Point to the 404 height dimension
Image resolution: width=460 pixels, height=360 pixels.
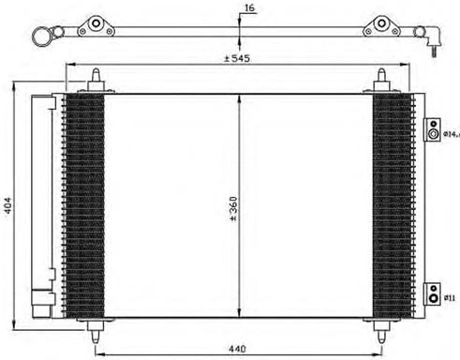click(x=9, y=204)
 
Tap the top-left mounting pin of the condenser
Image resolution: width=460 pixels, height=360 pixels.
click(x=97, y=80)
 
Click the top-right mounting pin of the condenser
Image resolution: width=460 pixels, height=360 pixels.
click(x=382, y=80)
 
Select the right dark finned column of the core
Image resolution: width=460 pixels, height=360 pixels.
click(x=392, y=204)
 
